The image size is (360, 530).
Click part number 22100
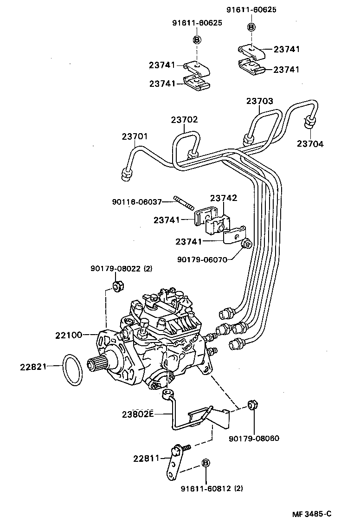click(70, 335)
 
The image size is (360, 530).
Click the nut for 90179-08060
click(253, 405)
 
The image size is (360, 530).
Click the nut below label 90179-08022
click(118, 286)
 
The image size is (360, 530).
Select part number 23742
click(224, 199)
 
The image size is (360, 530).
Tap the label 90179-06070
click(202, 260)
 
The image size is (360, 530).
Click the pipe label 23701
click(135, 137)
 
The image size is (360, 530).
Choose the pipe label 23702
click(184, 120)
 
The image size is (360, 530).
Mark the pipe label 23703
click(259, 101)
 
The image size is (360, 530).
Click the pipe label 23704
click(310, 144)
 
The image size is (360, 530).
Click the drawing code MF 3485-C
click(312, 513)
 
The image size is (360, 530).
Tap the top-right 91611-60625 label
click(251, 10)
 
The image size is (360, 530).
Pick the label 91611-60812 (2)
click(212, 488)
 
